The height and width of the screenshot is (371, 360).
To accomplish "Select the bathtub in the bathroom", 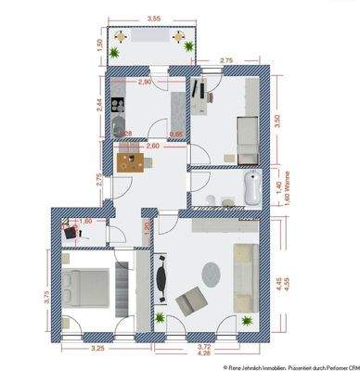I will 252,186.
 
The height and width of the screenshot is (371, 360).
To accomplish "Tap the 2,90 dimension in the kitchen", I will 146,83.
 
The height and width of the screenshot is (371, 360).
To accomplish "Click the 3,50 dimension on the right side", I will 289,120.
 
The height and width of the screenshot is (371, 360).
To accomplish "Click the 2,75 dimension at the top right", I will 225,60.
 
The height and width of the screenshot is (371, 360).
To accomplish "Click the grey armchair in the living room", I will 191,300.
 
